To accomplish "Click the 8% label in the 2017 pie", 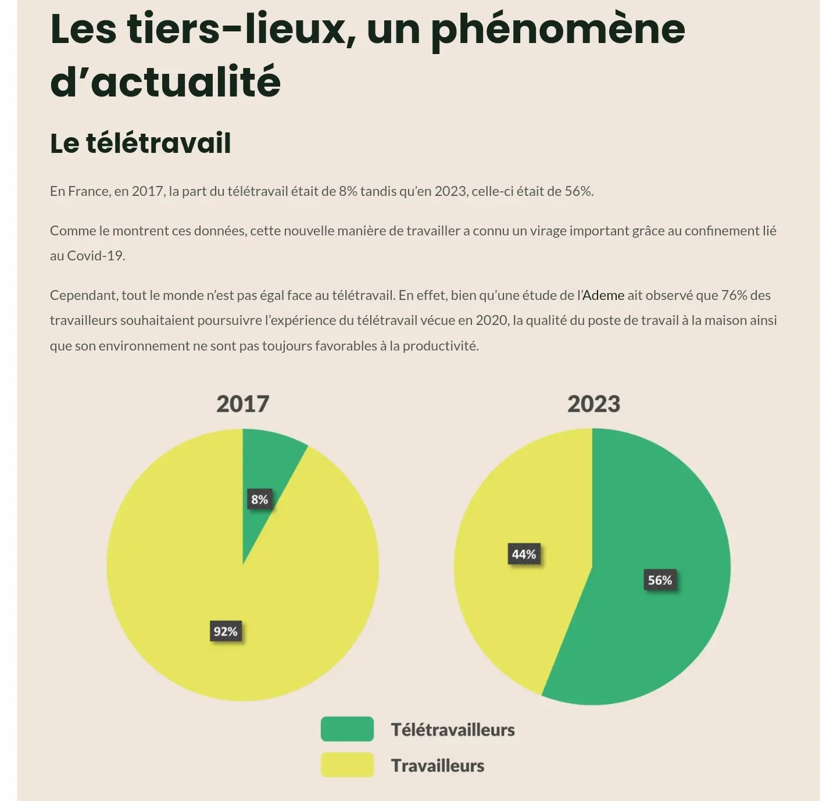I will (259, 499).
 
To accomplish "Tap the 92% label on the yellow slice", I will (226, 631).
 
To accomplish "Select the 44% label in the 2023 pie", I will (524, 554).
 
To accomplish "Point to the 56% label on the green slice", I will (660, 580).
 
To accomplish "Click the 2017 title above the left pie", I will (242, 404).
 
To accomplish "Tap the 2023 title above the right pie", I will (593, 404).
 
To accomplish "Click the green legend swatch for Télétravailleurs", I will (347, 729).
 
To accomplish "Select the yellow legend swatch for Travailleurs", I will (347, 765).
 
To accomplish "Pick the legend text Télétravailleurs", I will (453, 730).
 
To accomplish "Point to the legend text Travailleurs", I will (438, 766).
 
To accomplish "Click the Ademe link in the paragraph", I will (603, 295).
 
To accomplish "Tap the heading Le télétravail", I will (141, 143).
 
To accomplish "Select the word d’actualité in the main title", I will (166, 81).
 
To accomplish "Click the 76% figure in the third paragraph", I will (734, 295).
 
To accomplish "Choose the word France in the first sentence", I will (88, 191).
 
